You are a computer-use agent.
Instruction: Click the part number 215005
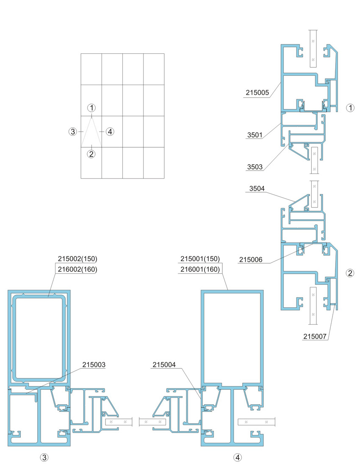pos(257,92)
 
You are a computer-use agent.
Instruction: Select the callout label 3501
pos(255,135)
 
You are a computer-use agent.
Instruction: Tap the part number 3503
pos(255,167)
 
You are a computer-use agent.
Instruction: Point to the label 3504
pos(257,188)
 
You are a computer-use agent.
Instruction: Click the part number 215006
pos(251,259)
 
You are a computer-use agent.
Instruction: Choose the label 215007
pos(315,336)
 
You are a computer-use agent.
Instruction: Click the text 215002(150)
pos(78,259)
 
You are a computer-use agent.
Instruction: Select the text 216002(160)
pos(78,269)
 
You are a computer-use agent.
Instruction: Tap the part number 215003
pos(94,365)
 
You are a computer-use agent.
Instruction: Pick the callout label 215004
pos(164,365)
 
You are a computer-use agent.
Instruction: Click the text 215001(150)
pos(200,259)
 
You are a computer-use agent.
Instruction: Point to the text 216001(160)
pos(200,269)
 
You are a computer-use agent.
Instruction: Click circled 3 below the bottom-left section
pos(44,458)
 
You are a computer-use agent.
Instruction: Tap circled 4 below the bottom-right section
pos(238,458)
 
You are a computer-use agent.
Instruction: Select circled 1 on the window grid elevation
pos(91,108)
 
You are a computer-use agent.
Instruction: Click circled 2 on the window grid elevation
pos(91,154)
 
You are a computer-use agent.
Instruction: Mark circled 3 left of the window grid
pos(73,131)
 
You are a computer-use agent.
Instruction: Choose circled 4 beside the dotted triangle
pos(110,131)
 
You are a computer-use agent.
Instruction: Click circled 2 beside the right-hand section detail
pos(350,273)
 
